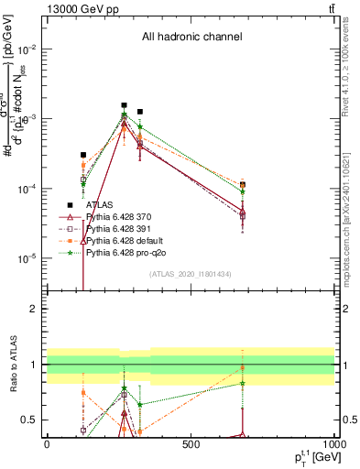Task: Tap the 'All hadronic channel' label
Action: point(191,38)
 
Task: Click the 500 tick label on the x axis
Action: point(191,444)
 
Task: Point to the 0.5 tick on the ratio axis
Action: point(33,420)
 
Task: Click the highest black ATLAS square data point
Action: point(125,105)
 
